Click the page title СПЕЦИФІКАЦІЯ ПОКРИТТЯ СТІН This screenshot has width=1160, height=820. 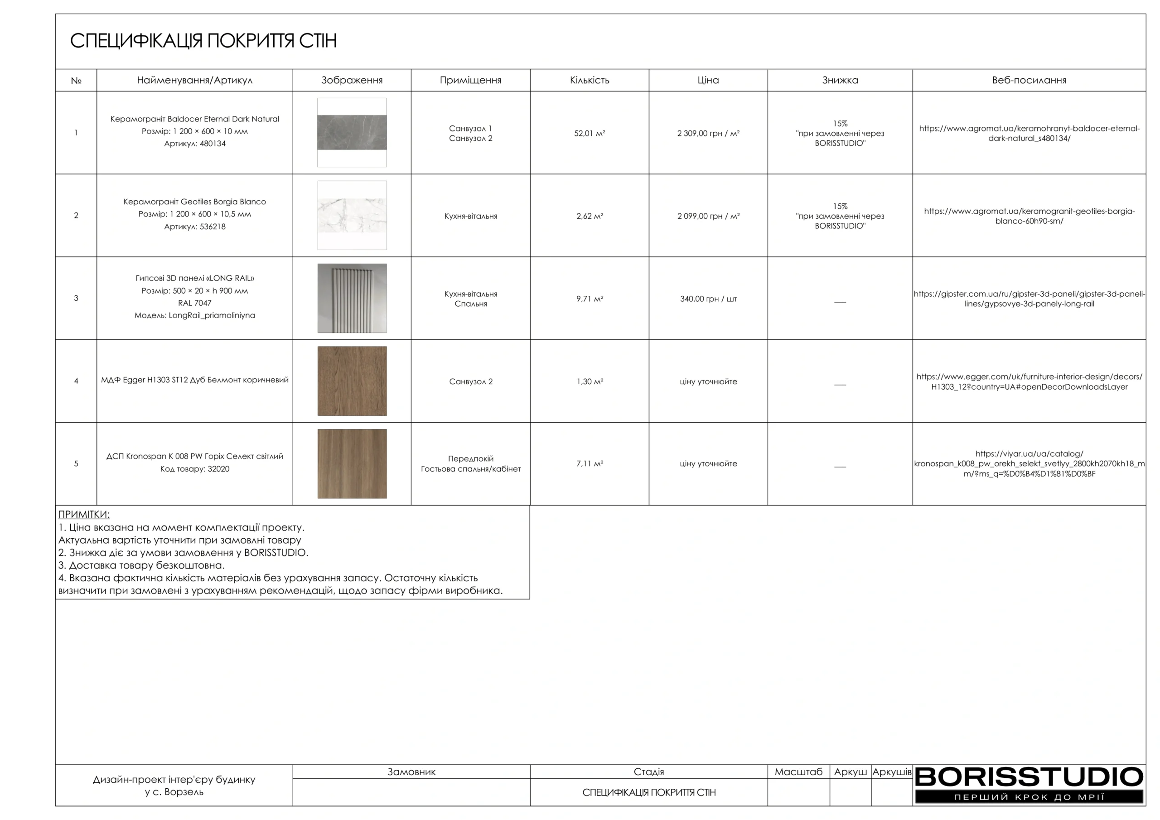(x=203, y=41)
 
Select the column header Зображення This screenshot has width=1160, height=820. (x=352, y=80)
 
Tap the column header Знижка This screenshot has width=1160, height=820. (x=840, y=80)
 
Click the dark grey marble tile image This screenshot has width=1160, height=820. (x=352, y=132)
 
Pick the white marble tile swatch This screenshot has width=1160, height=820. (x=352, y=215)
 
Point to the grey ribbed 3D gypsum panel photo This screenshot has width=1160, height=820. (x=352, y=298)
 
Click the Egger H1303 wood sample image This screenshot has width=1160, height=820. (x=352, y=381)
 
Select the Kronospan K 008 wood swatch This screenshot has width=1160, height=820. (x=352, y=463)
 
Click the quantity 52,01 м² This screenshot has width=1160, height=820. (x=589, y=133)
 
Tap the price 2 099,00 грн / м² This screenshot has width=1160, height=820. (x=708, y=216)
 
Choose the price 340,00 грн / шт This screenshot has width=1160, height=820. (x=708, y=299)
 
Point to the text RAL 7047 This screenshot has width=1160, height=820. (x=194, y=303)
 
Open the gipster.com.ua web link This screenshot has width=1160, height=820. (x=1029, y=299)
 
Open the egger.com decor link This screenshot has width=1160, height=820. (x=1029, y=382)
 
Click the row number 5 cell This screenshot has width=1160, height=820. (x=76, y=464)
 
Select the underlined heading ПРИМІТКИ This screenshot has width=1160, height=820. (x=84, y=514)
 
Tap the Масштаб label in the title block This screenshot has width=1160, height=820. (x=798, y=772)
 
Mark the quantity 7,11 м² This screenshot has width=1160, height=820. (x=589, y=464)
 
